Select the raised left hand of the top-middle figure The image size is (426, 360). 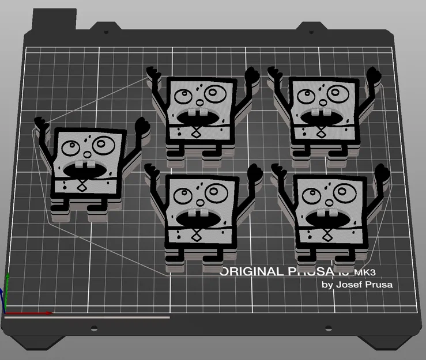[x=154, y=74]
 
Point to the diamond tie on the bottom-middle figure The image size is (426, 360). [x=196, y=234]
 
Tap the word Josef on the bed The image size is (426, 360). [x=352, y=284]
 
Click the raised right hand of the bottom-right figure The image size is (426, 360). [x=380, y=172]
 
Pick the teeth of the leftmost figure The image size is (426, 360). [x=81, y=168]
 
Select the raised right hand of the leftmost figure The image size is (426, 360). [x=142, y=126]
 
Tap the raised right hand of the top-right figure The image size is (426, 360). [x=375, y=76]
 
